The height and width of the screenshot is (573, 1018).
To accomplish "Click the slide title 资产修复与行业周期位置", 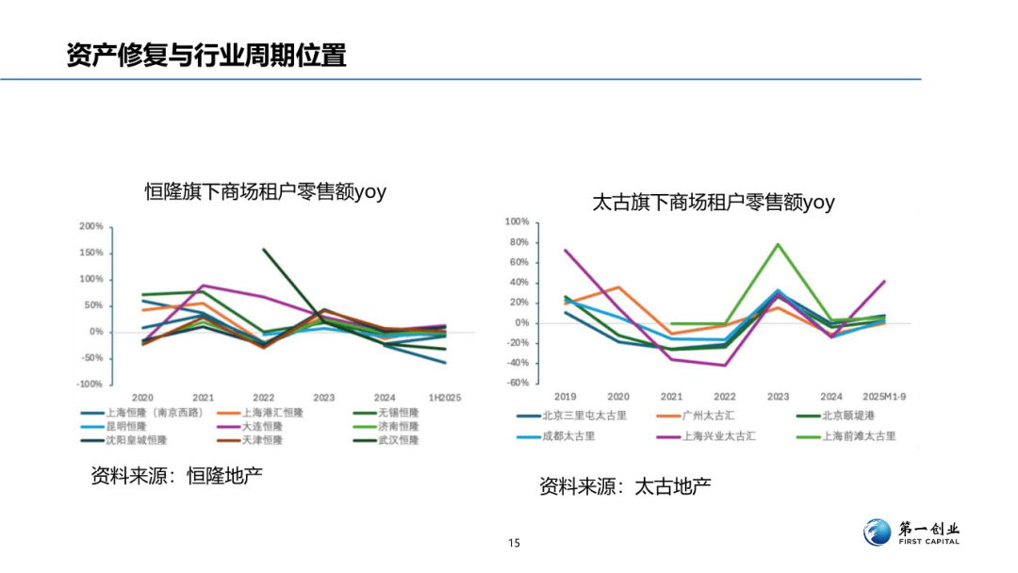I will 206,55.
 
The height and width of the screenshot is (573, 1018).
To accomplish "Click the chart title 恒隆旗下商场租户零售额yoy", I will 265,192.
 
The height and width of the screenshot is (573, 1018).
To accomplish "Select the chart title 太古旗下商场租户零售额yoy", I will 714,202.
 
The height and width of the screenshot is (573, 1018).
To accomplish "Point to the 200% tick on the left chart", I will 91,227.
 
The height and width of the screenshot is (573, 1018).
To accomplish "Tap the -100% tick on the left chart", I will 90,385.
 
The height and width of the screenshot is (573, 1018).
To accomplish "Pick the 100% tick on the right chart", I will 517,222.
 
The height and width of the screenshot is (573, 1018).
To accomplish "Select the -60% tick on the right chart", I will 517,384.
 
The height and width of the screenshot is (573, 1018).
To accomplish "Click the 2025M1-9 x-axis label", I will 884,397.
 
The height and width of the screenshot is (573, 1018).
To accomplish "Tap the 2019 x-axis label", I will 565,397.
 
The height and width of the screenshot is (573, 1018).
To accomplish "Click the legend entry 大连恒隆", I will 262,426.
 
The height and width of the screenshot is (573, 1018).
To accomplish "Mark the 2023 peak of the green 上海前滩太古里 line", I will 779,244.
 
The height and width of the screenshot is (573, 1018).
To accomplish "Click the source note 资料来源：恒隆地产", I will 176,476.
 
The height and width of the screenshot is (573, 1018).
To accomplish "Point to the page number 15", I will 514,543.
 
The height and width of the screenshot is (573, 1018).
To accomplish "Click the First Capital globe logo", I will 877,532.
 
